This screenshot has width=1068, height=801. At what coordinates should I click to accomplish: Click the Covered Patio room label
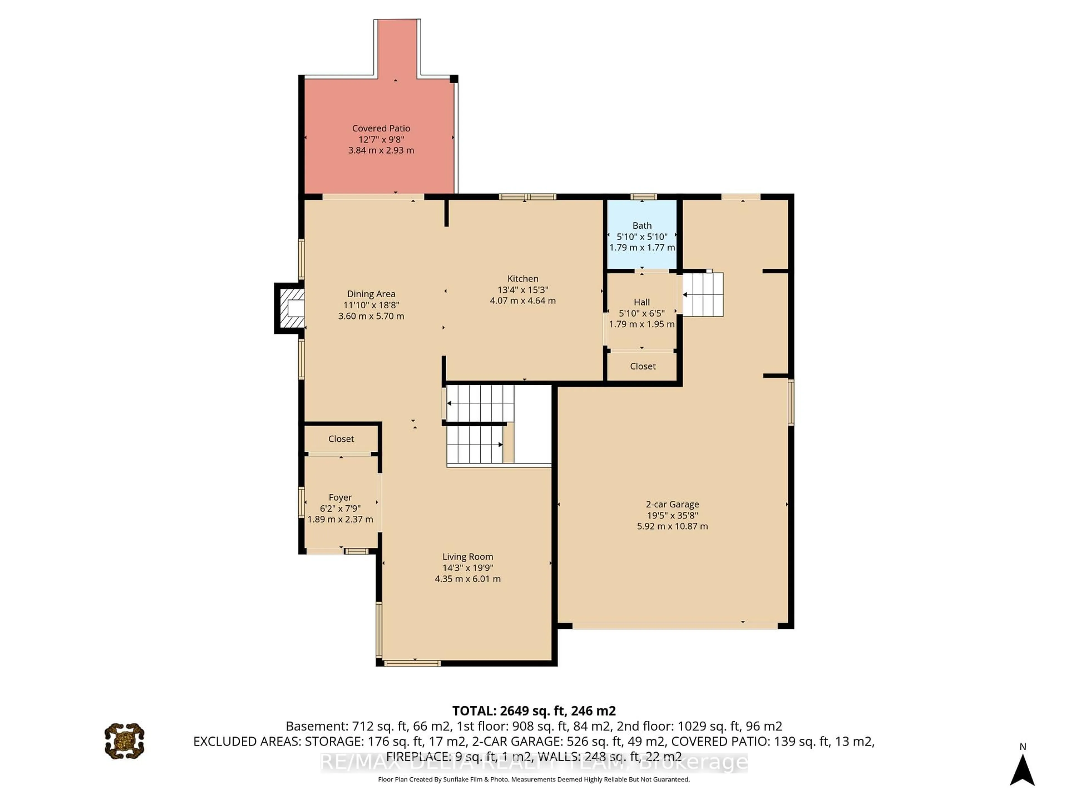pos(381,128)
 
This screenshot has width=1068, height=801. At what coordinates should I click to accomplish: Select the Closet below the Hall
pos(642,366)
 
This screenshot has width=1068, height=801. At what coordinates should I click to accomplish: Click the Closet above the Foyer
pos(341,438)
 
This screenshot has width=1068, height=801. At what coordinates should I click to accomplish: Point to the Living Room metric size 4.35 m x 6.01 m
pos(467,578)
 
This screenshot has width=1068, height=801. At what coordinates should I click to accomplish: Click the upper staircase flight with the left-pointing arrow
pos(480,403)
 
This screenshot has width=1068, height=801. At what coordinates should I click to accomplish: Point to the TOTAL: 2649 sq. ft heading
pos(533,711)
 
